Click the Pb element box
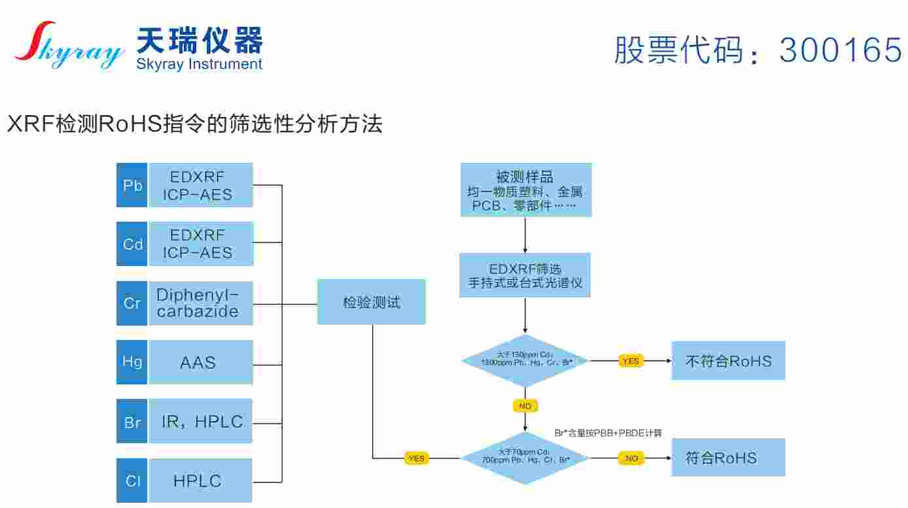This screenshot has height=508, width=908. [131, 185]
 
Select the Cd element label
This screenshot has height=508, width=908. [131, 244]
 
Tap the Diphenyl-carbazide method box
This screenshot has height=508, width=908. [200, 303]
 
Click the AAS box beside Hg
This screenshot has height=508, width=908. [200, 362]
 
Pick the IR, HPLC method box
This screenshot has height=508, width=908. [200, 422]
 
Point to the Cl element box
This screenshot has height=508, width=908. [131, 481]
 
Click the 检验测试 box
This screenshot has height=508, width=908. [371, 302]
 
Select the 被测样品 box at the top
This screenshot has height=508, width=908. [525, 190]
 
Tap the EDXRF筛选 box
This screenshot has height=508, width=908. [525, 275]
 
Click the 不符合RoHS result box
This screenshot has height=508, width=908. [728, 360]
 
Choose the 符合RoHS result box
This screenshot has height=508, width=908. [728, 458]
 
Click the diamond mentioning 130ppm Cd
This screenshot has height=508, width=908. [525, 360]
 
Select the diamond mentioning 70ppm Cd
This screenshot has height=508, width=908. [525, 458]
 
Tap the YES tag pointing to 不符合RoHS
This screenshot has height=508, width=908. [631, 361]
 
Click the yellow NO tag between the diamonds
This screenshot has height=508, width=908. [525, 406]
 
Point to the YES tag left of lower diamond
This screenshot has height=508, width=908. [416, 458]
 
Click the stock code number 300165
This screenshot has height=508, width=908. [841, 49]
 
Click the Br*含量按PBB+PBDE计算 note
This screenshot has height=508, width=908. [608, 433]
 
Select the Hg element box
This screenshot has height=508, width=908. [131, 362]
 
